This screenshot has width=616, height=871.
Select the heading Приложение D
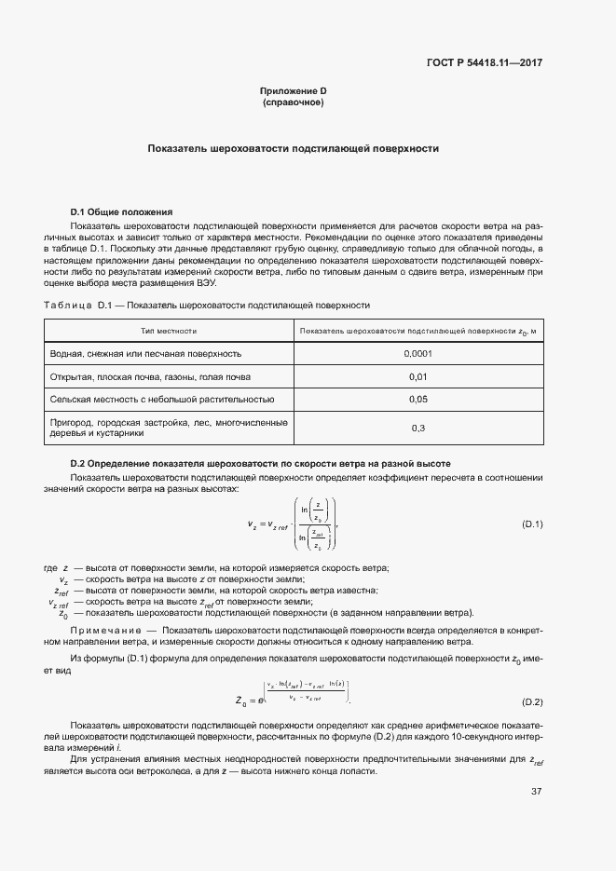pos(293,90)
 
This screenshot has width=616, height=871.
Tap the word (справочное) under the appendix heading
pos(293,102)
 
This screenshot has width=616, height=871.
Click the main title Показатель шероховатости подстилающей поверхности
pos(293,148)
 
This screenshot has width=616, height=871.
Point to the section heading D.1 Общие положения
pos(122,212)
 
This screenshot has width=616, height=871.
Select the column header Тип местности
pos(169,331)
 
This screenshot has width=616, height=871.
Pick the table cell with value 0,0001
pos(418,354)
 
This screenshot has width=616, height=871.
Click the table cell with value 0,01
pos(418,377)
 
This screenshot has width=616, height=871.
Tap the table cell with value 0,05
pos(418,400)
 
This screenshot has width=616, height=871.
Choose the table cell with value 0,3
pos(418,428)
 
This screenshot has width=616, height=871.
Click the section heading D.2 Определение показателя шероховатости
pos(261,463)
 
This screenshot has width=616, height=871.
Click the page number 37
pos(536,792)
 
